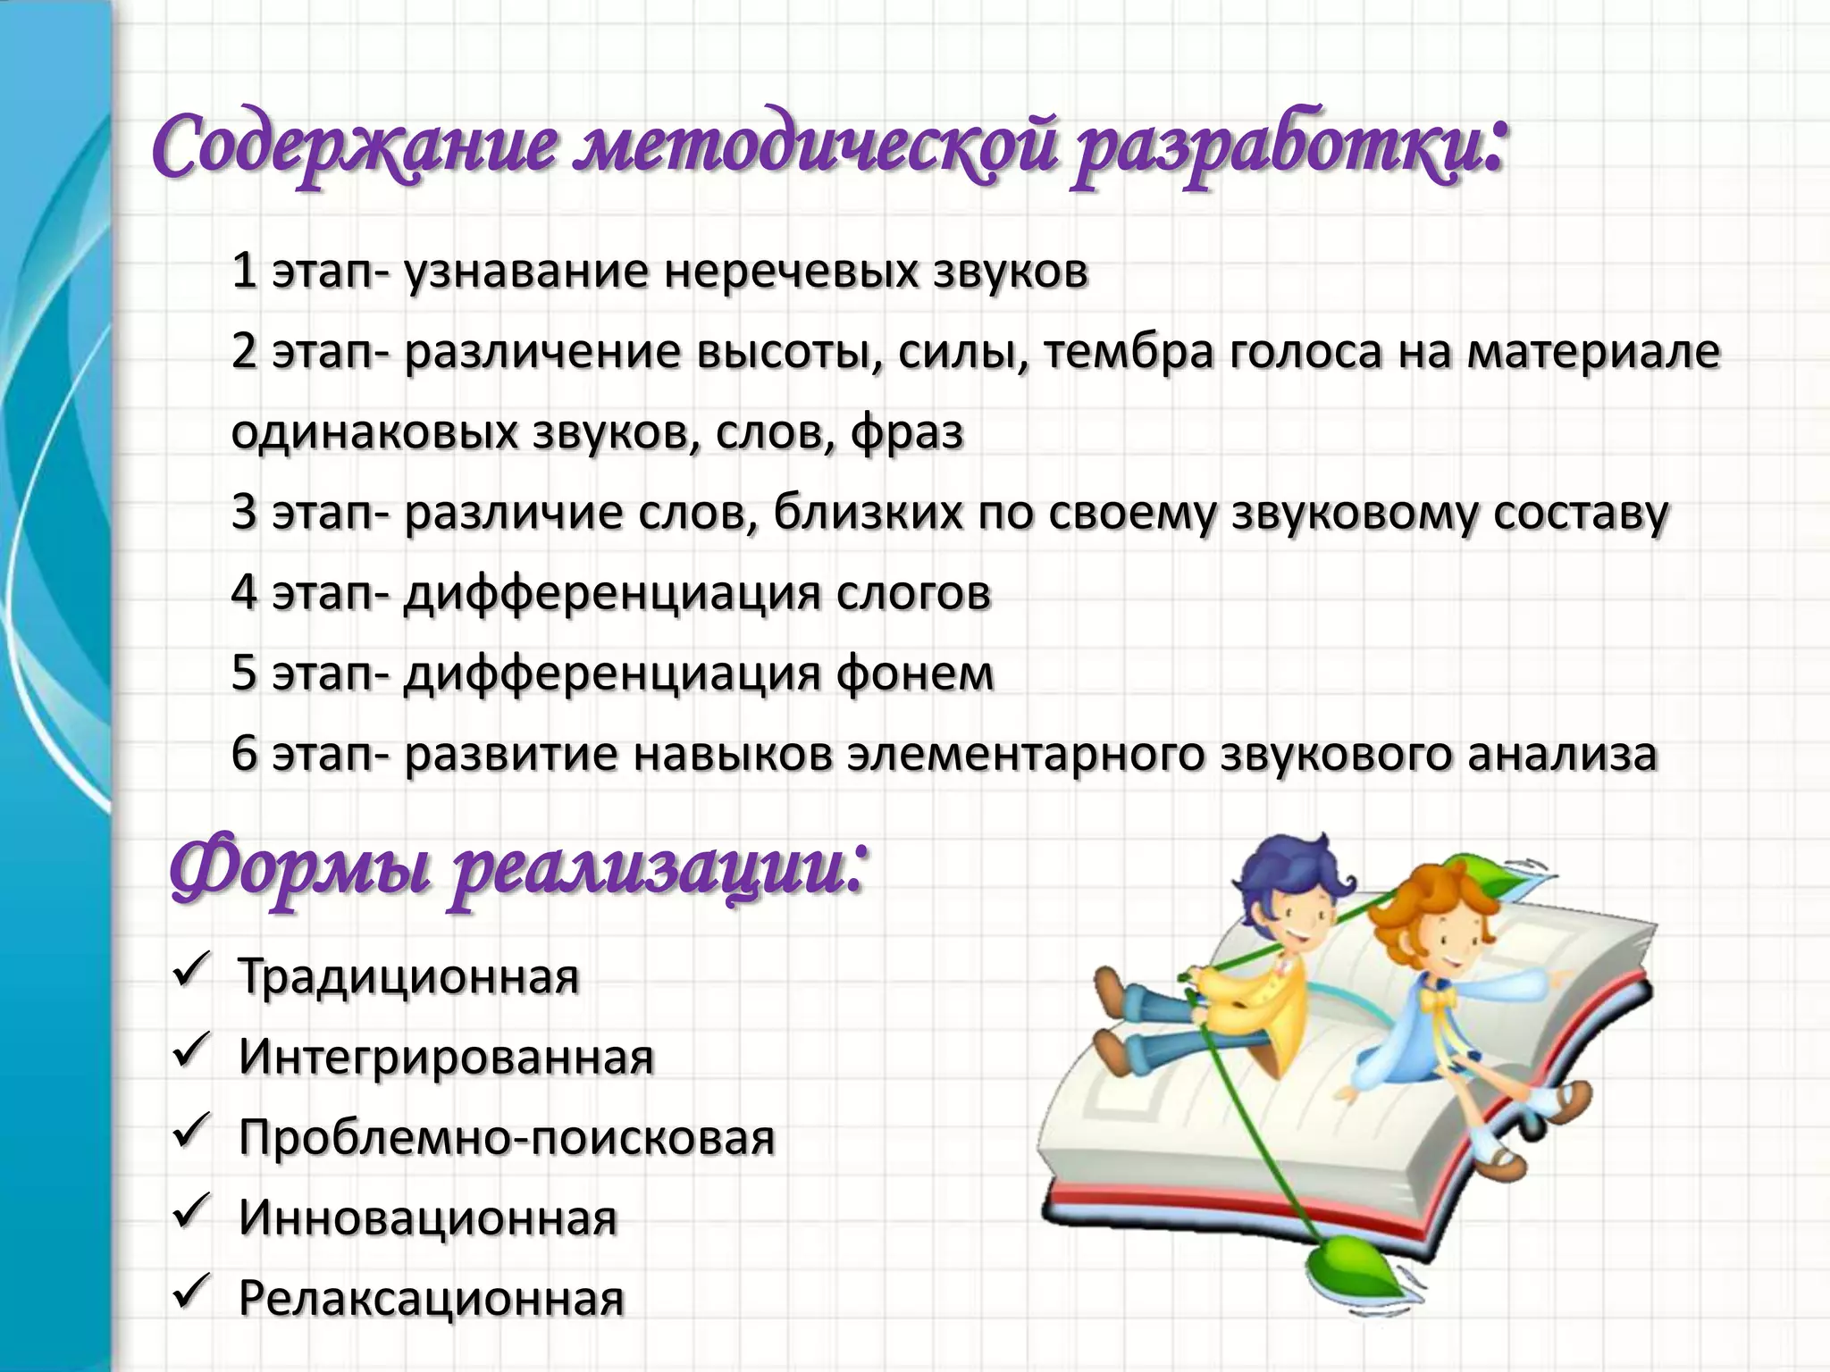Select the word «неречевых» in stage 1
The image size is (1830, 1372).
[x=789, y=272]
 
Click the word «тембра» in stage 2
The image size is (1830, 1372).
[x=1129, y=351]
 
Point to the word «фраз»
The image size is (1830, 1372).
[x=907, y=432]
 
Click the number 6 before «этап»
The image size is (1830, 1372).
[x=244, y=753]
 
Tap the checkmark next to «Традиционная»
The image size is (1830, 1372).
[x=190, y=970]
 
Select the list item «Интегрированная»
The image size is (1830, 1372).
[x=446, y=1057]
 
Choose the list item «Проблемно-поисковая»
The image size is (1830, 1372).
[x=507, y=1137]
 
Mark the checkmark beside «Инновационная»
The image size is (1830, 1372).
[x=190, y=1211]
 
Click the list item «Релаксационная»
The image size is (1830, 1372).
[x=431, y=1298]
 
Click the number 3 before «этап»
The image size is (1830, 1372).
[x=244, y=513]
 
